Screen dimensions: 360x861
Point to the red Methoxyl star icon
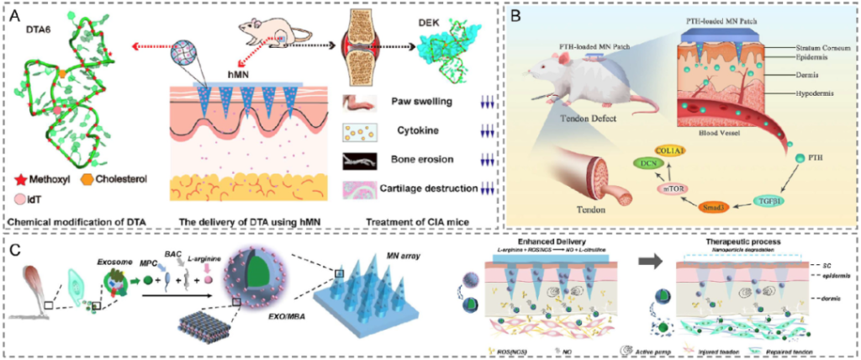pos(23,179)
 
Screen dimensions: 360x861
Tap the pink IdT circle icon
pos(23,199)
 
